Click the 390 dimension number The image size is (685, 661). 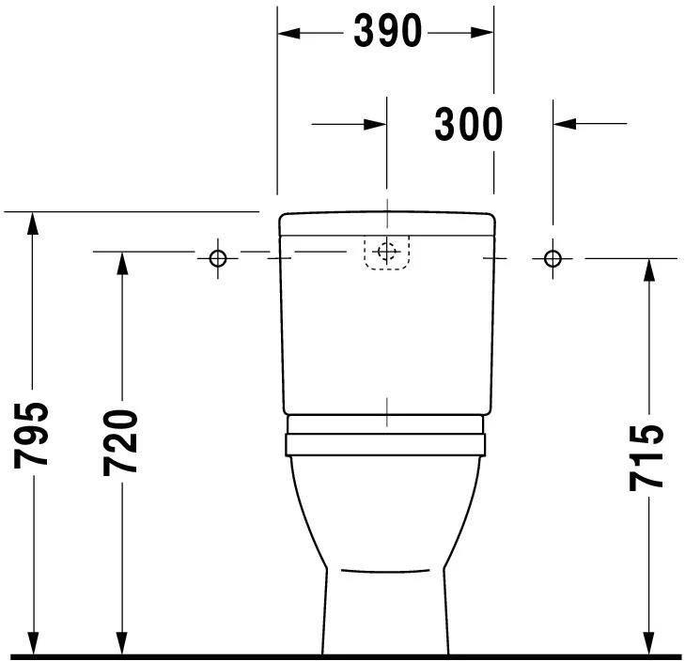click(x=387, y=32)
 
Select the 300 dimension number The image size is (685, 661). click(x=468, y=123)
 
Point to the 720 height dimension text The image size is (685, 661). click(x=121, y=440)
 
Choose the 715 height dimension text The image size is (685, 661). click(x=647, y=457)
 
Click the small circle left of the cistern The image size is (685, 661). click(x=217, y=257)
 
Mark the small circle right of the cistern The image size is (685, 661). click(x=553, y=257)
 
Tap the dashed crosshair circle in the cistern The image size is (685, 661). click(x=386, y=252)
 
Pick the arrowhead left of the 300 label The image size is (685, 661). click(x=375, y=123)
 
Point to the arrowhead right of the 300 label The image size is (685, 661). click(x=565, y=123)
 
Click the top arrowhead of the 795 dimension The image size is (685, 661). click(x=33, y=223)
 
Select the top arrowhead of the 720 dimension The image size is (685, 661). click(x=121, y=265)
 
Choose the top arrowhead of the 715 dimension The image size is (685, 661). click(x=648, y=270)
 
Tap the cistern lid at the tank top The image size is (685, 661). click(x=386, y=223)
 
